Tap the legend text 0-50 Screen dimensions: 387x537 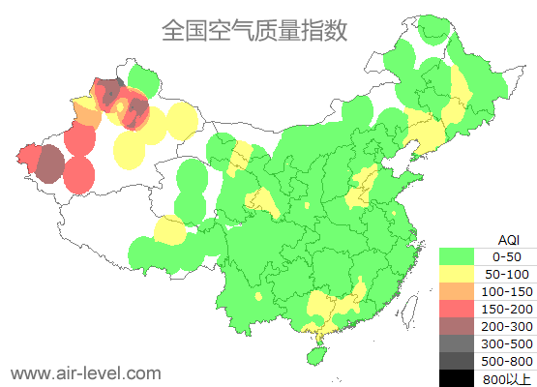507,256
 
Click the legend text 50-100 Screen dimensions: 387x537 507,274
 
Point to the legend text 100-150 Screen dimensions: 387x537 507,291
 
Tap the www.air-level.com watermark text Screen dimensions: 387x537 85,372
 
